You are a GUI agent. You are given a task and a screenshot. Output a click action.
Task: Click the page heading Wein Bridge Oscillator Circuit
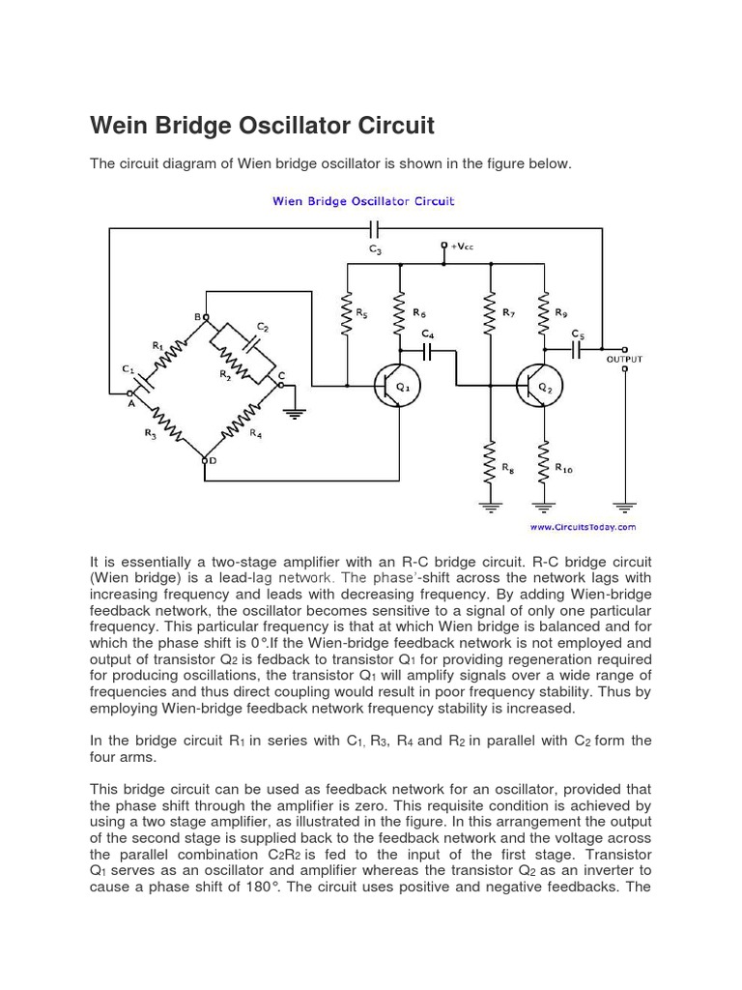point(262,126)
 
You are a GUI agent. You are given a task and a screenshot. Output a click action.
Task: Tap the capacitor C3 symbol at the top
point(375,229)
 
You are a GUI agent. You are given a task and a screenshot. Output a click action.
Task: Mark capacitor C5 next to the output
point(577,349)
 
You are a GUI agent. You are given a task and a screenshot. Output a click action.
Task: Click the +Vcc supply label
point(461,246)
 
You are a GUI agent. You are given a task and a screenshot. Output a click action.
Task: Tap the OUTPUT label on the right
point(623,360)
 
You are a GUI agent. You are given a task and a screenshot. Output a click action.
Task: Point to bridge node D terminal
point(205,460)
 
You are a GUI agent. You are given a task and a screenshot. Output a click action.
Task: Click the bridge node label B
point(197,316)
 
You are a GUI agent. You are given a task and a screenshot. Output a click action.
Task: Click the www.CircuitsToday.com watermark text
point(583,527)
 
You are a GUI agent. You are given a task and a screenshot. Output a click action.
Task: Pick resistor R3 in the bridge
point(163,422)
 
